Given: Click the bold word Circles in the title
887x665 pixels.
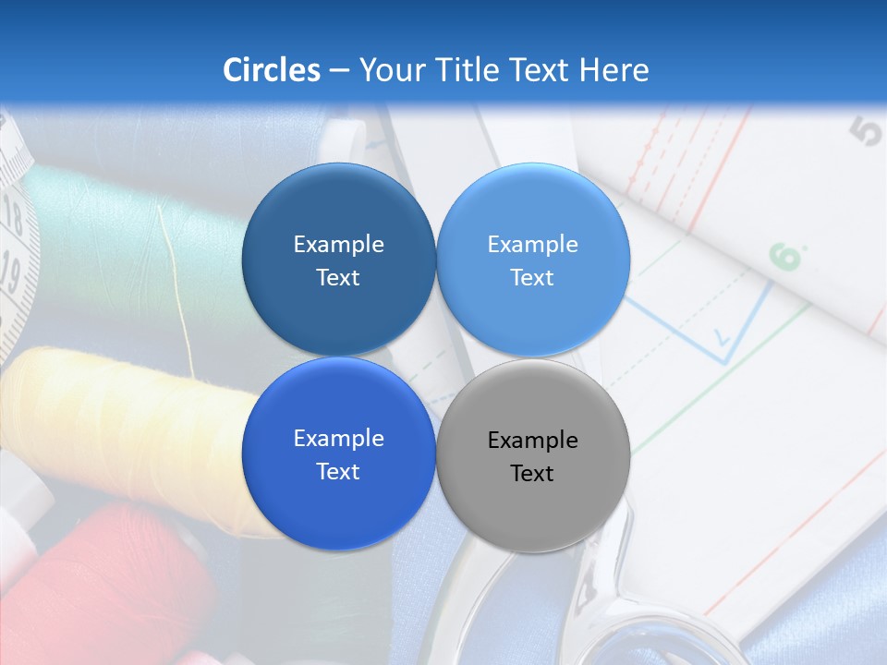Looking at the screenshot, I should pos(272,70).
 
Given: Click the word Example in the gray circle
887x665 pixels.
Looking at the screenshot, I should pos(533,441).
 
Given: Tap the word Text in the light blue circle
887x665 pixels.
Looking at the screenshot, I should pos(532,278).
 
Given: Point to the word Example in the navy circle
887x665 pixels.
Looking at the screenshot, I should pos(338,245).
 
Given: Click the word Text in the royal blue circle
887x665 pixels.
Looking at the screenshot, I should pos(338,472).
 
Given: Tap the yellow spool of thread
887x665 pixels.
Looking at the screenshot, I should pos(120,416).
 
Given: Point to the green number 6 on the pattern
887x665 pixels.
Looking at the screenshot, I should pos(786,257).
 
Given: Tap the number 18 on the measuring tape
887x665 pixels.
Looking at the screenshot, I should pos(13,218).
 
